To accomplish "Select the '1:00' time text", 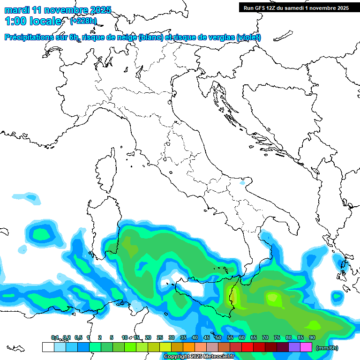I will point(16,21).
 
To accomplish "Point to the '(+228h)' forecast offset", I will point(83,21).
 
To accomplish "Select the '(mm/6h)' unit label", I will point(327,348).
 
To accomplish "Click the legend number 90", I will point(312,337).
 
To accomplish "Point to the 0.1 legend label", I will point(55,337).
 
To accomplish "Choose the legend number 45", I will point(207,337).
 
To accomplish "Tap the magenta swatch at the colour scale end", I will point(306,347).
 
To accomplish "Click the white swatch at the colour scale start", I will point(48,347).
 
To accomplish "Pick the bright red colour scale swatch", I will point(247,347).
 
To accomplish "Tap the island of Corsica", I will point(107,173).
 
